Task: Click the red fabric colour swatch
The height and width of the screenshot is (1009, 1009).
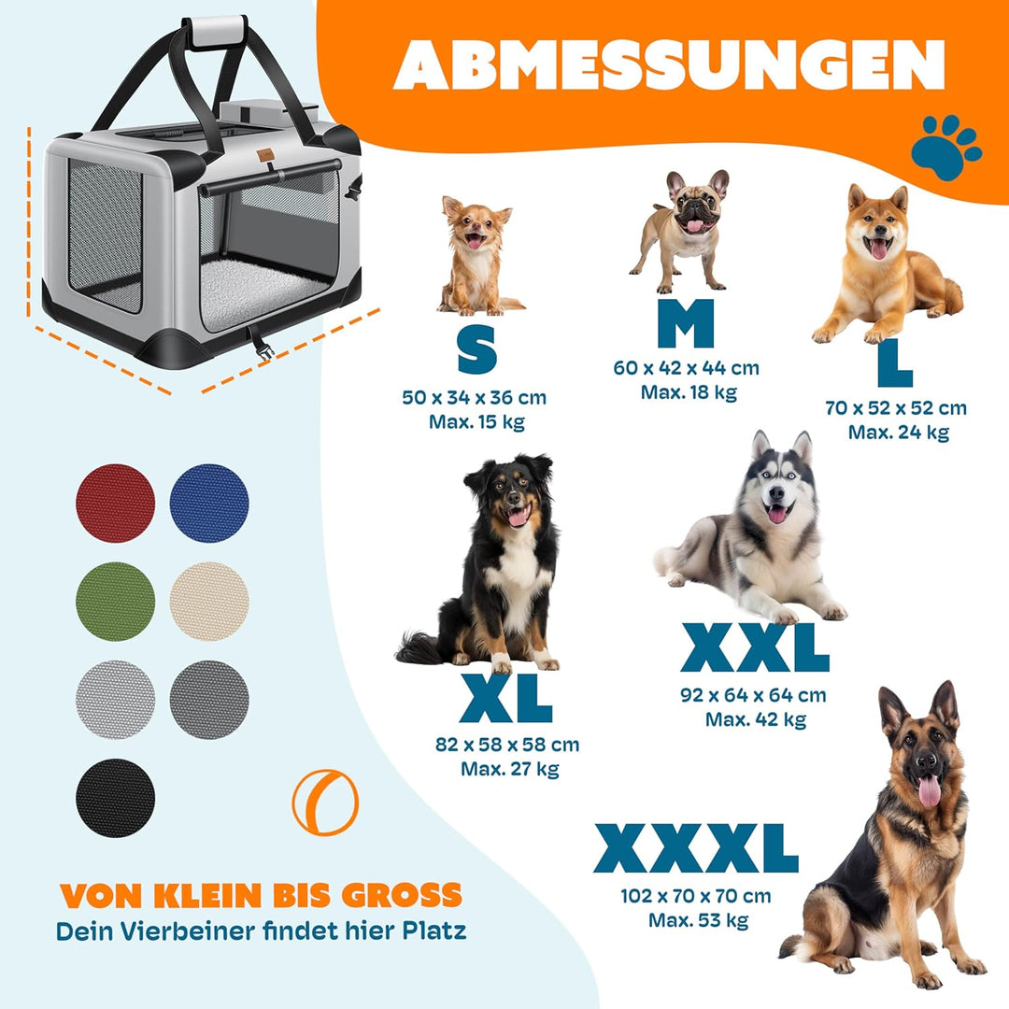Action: pyautogui.click(x=115, y=503)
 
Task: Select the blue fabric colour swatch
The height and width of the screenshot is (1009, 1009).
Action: pyautogui.click(x=209, y=503)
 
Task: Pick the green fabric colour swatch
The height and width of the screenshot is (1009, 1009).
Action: pyautogui.click(x=115, y=601)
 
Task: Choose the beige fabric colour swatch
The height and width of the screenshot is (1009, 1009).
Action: pyautogui.click(x=209, y=601)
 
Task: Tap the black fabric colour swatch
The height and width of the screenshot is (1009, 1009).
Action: pyautogui.click(x=115, y=798)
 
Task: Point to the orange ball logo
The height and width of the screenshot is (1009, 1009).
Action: pyautogui.click(x=324, y=802)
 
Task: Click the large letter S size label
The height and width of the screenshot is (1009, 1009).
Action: pyautogui.click(x=476, y=349)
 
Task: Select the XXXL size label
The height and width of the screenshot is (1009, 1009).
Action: pyautogui.click(x=696, y=849)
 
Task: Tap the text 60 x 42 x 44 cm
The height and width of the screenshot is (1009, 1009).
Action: pyautogui.click(x=687, y=368)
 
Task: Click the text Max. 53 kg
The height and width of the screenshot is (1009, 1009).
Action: pyautogui.click(x=699, y=920)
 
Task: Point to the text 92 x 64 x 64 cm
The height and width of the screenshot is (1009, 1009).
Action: pyautogui.click(x=754, y=695)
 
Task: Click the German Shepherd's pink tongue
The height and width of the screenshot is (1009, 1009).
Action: pyautogui.click(x=929, y=791)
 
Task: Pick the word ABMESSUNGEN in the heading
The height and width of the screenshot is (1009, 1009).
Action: pyautogui.click(x=669, y=64)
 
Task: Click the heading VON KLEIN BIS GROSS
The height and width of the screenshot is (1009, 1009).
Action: pyautogui.click(x=262, y=895)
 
